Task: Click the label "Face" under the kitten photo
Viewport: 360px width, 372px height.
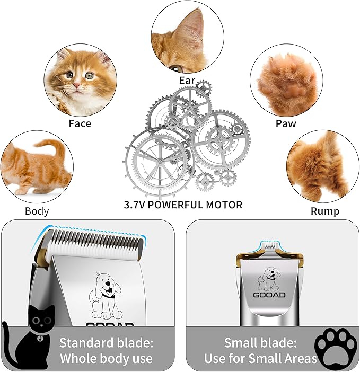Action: pyautogui.click(x=80, y=123)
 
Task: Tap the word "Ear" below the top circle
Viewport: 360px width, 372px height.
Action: pyautogui.click(x=187, y=81)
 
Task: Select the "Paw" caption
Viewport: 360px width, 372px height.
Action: pyautogui.click(x=285, y=123)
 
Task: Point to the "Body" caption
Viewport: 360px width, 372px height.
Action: pyautogui.click(x=37, y=211)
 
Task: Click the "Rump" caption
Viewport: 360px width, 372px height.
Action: pyautogui.click(x=325, y=211)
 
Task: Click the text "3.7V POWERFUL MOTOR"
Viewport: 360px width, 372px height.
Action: pyautogui.click(x=182, y=205)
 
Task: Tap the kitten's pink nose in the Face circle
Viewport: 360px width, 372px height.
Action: pyautogui.click(x=77, y=85)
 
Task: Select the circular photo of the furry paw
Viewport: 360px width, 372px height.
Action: pyautogui.click(x=286, y=79)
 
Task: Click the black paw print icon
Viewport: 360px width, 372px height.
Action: pyautogui.click(x=335, y=347)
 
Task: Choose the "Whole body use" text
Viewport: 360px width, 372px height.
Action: pyautogui.click(x=106, y=359)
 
